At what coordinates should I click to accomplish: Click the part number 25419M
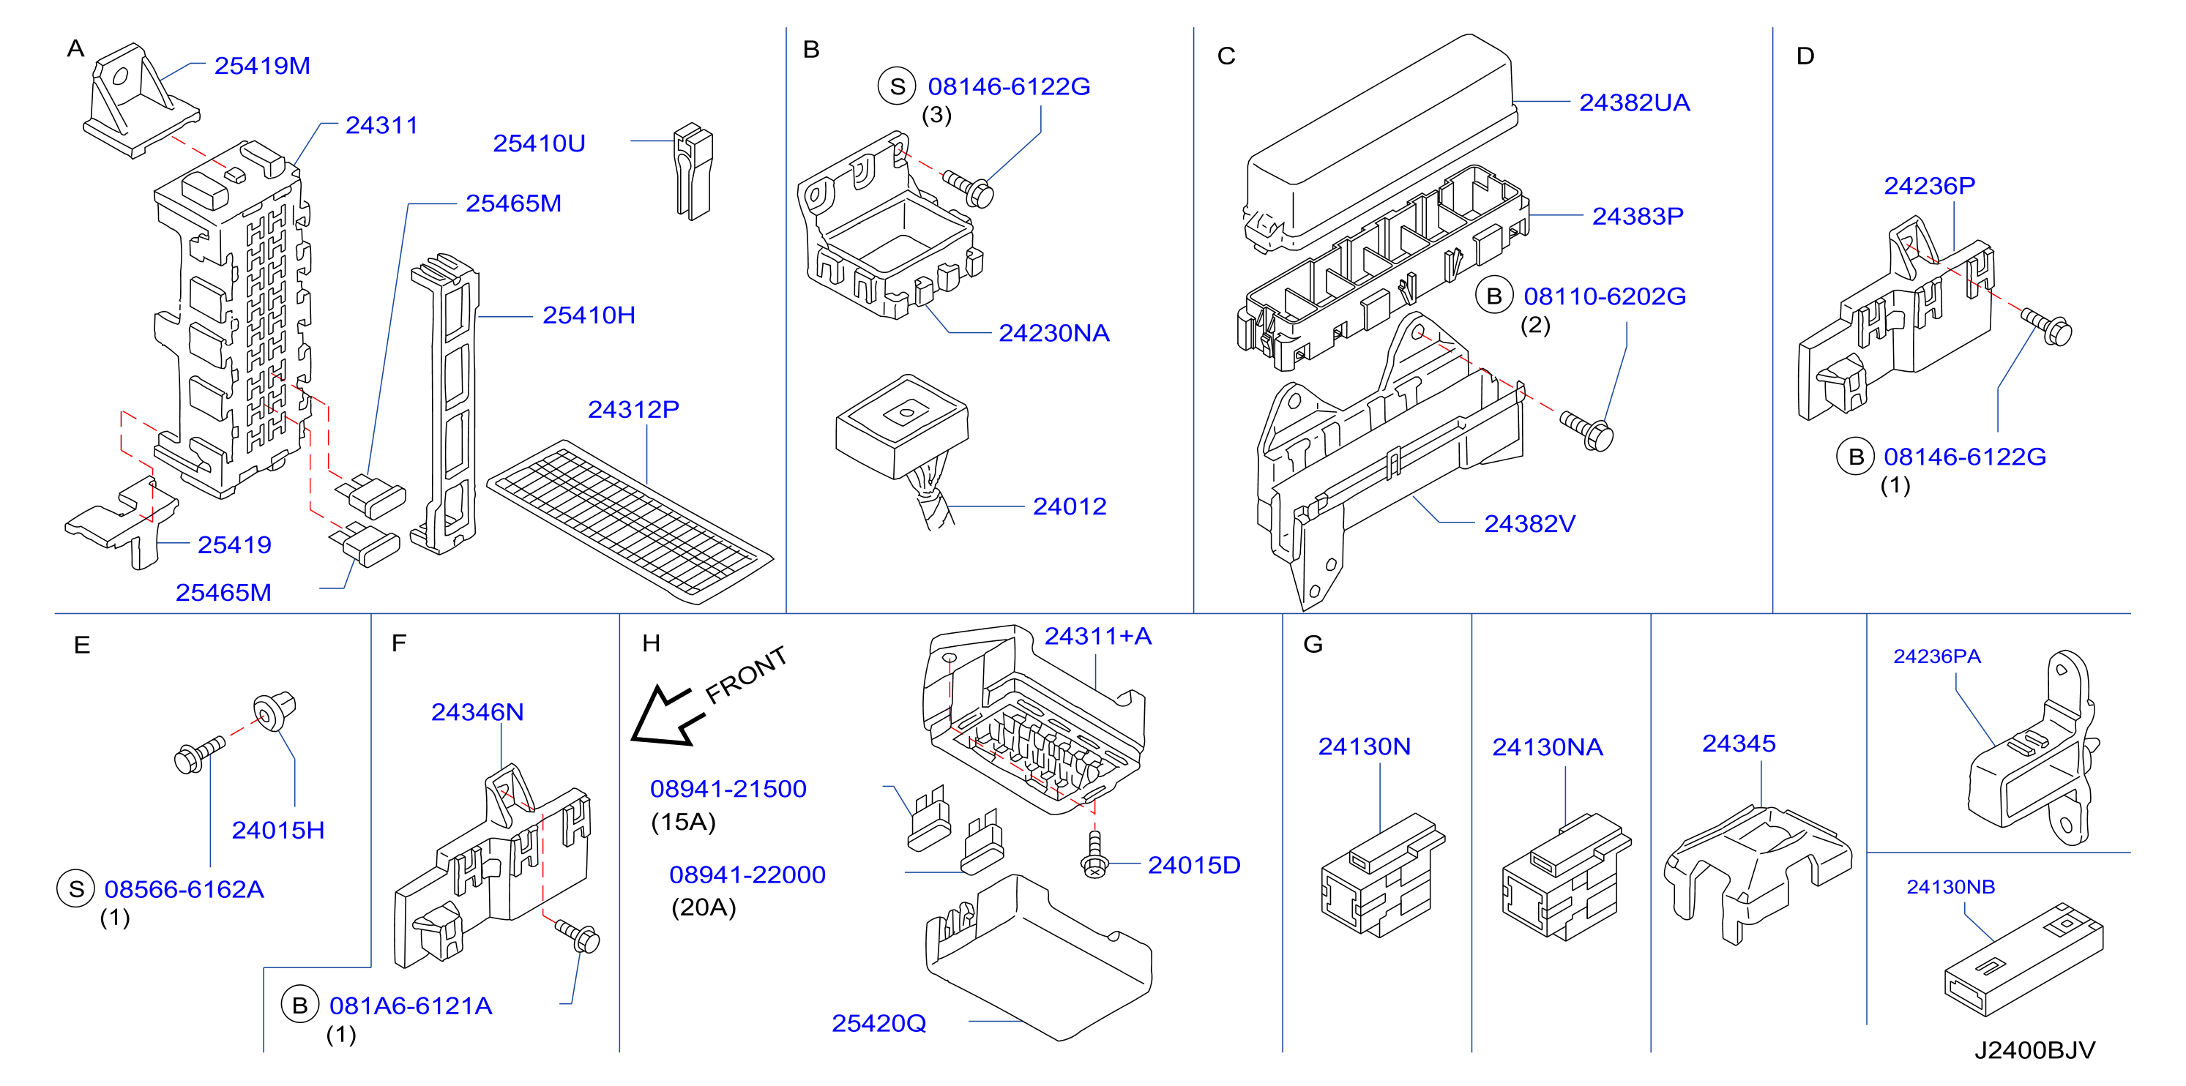click(262, 65)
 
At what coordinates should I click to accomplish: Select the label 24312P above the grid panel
click(634, 409)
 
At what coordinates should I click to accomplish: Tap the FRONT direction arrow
click(668, 714)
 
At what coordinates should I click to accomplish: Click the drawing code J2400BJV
click(2034, 1050)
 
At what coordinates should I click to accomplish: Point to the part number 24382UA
click(1635, 102)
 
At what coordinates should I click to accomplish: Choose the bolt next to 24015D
click(1094, 856)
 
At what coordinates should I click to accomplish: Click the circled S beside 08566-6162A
click(75, 889)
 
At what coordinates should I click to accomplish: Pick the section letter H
click(651, 643)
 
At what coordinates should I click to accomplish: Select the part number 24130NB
click(1951, 887)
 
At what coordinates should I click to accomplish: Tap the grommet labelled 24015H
click(273, 711)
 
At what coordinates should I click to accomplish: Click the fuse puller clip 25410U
click(693, 171)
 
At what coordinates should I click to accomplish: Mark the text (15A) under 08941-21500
click(683, 822)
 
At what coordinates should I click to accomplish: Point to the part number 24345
click(1739, 744)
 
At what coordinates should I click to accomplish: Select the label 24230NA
click(1054, 334)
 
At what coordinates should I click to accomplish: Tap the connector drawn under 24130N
click(1381, 875)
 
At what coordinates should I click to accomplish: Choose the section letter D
click(1805, 56)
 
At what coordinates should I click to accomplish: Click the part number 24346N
click(477, 712)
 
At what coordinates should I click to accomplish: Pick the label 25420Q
click(878, 1023)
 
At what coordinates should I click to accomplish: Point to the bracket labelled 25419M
click(140, 102)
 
